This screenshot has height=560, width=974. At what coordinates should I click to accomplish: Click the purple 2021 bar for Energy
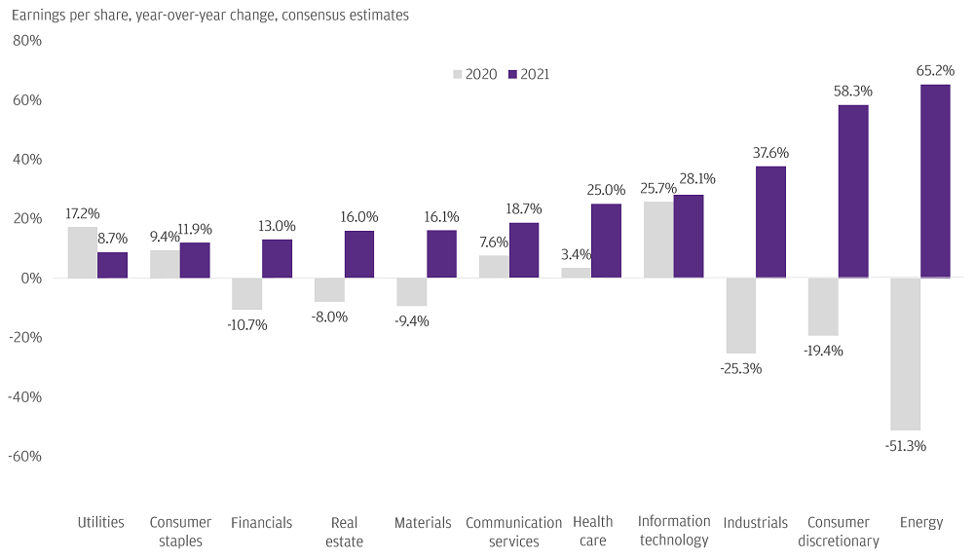[935, 181]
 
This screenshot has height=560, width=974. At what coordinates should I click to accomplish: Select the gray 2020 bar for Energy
[905, 354]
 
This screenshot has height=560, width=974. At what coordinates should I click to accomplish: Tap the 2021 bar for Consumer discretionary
[853, 191]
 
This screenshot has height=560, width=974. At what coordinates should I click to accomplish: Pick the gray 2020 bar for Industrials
[741, 316]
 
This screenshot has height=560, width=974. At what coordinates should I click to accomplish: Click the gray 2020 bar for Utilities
[83, 252]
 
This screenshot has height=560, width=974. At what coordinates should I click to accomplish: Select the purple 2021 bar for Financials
[277, 258]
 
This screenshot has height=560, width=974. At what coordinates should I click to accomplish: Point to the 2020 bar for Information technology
[658, 240]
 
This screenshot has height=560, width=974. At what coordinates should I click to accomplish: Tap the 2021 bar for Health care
[606, 241]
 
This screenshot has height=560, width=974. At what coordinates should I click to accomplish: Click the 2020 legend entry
[475, 74]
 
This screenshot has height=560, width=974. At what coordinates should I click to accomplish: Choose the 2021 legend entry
[529, 74]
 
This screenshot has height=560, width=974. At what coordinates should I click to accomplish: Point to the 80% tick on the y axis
[27, 40]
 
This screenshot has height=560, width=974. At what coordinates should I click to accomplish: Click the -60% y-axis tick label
[25, 457]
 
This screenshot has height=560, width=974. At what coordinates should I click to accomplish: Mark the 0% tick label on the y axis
[31, 279]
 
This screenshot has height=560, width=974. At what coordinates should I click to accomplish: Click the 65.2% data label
[935, 71]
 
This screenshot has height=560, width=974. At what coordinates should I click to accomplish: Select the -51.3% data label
[906, 446]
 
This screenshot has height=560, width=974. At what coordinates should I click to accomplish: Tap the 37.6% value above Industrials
[770, 153]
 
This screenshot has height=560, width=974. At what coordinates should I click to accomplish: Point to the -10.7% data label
[247, 324]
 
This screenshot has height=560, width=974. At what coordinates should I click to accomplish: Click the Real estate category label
[344, 532]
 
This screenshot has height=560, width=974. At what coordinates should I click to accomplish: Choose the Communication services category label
[513, 532]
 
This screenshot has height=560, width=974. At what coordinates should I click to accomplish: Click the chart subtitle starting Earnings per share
[210, 15]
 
